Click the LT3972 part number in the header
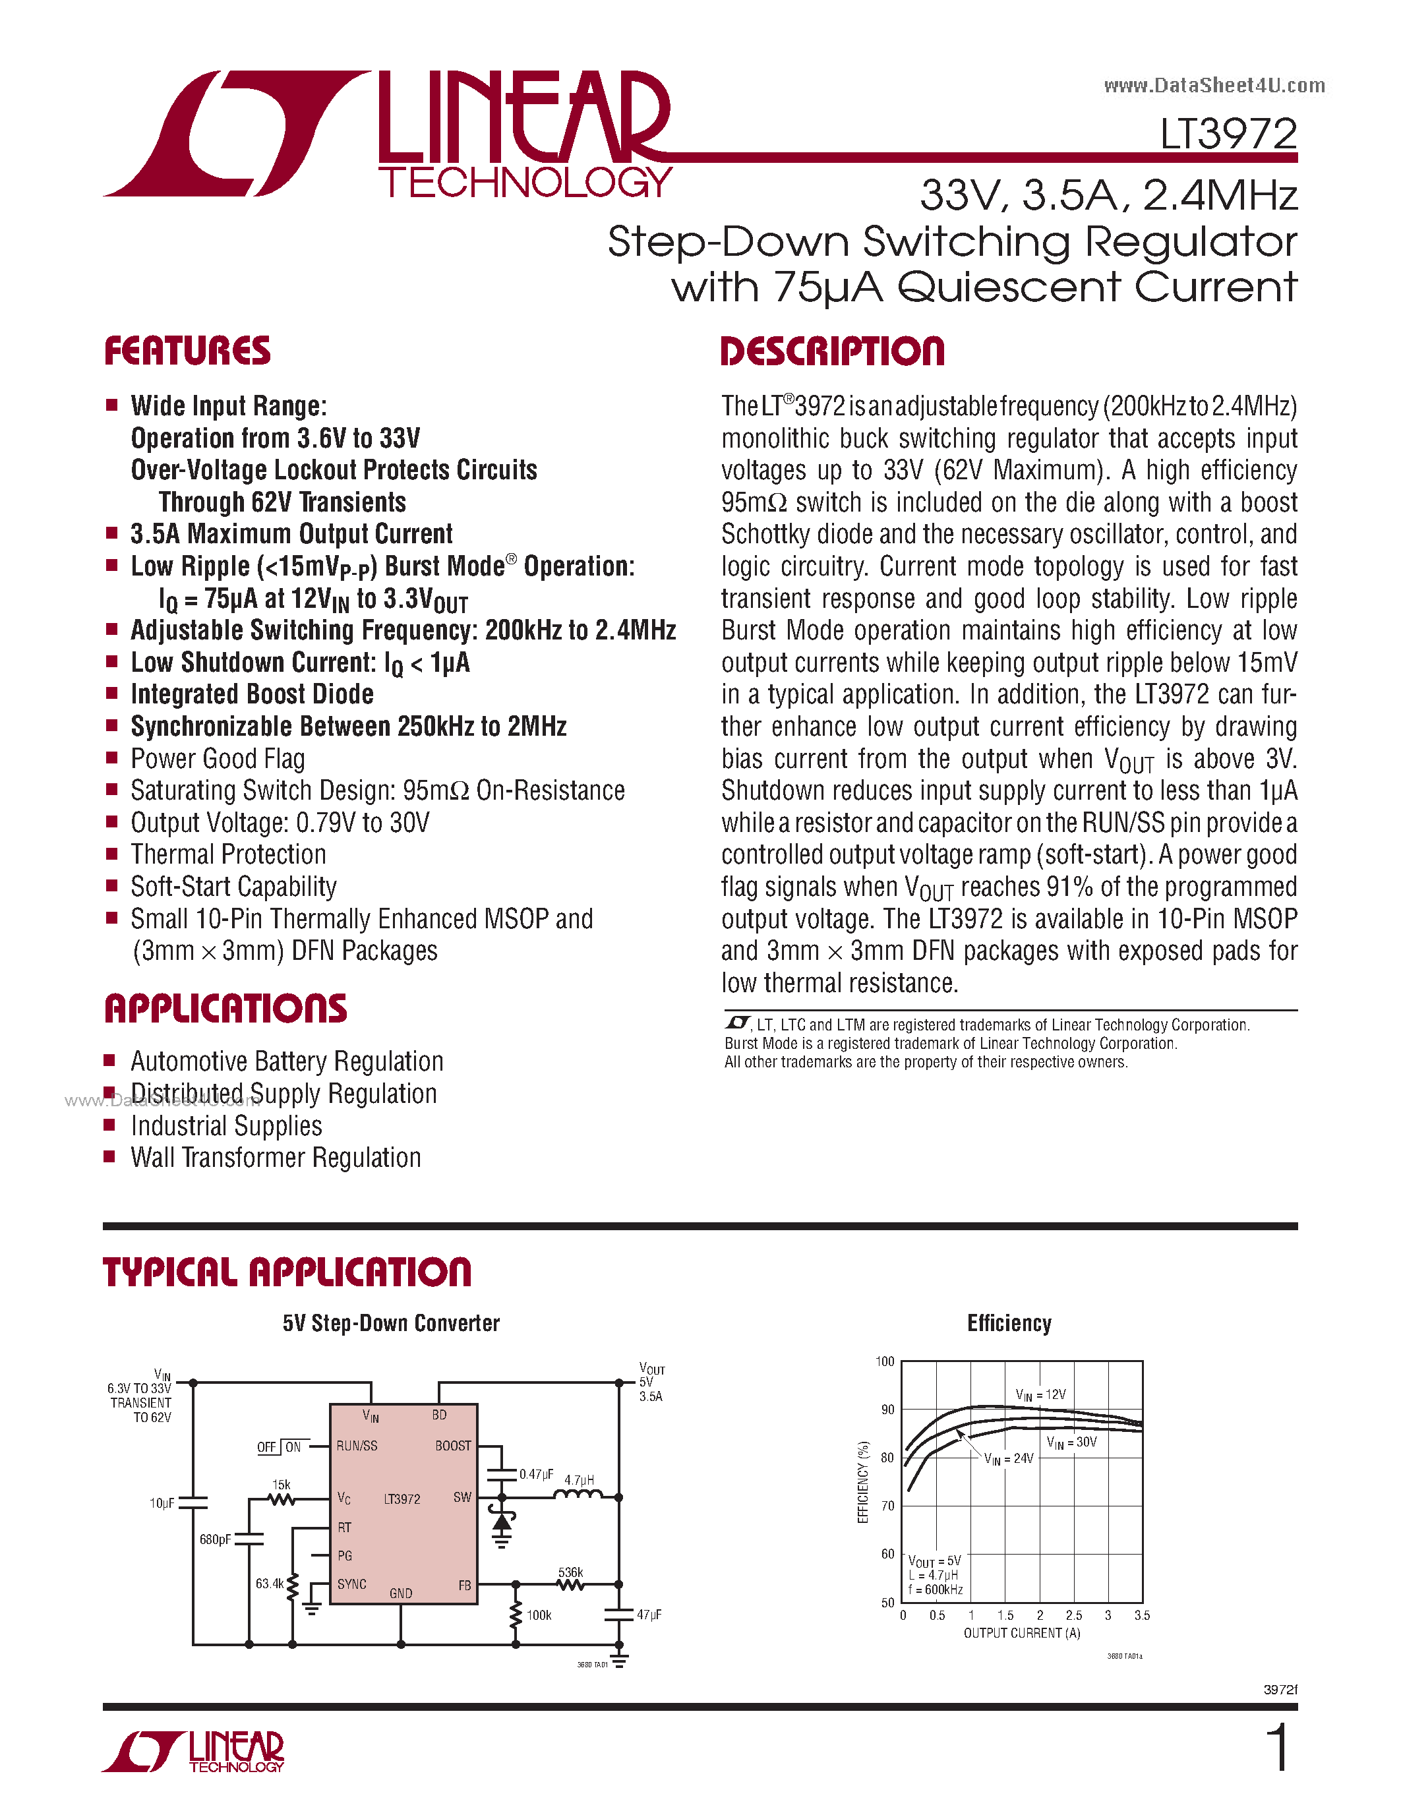pos(1228,134)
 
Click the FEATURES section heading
pos(188,351)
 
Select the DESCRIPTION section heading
pos(833,351)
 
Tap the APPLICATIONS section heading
pos(225,1009)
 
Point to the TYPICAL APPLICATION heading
pos(287,1272)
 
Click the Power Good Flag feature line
pos(218,759)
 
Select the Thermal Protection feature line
pos(228,854)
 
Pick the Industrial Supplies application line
pos(227,1127)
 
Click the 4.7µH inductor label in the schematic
pos(580,1480)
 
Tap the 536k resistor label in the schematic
pos(571,1572)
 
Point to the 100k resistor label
pos(539,1615)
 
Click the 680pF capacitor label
pos(215,1539)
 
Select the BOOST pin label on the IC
pos(453,1445)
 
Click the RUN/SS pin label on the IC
pos(357,1445)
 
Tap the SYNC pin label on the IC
pos(352,1584)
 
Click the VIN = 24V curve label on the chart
pos(1009,1458)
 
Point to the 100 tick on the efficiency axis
pos(885,1361)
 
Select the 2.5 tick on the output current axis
pos(1074,1615)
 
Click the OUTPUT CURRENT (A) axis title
pos(1022,1633)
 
